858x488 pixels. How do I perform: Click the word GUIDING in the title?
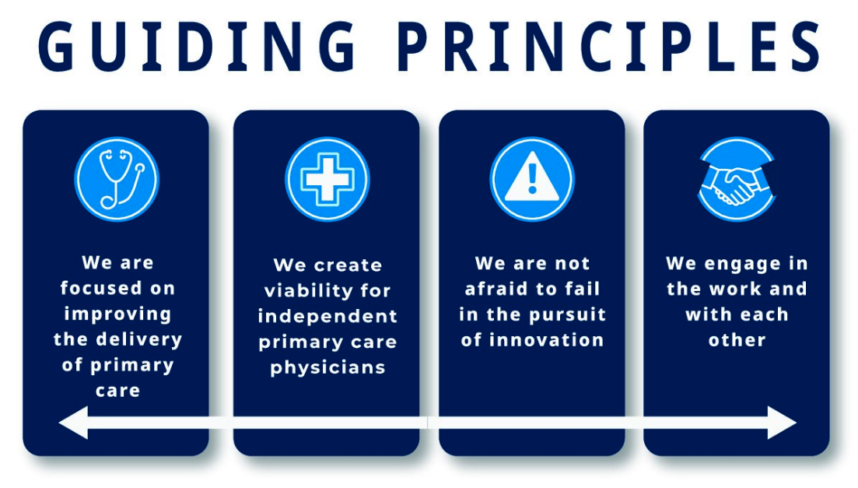pyautogui.click(x=198, y=47)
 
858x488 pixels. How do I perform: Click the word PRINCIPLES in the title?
pyautogui.click(x=611, y=47)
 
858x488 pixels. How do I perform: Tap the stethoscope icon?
pyautogui.click(x=117, y=179)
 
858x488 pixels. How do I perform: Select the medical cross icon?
pyautogui.click(x=327, y=179)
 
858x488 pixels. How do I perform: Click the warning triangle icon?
pyautogui.click(x=532, y=179)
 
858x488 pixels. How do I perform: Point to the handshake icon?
pyautogui.click(x=737, y=179)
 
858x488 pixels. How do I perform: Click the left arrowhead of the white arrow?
pyautogui.click(x=73, y=423)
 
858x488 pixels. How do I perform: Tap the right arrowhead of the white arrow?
pyautogui.click(x=782, y=423)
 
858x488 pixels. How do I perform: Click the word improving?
pyautogui.click(x=117, y=314)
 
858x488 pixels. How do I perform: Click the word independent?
pyautogui.click(x=327, y=316)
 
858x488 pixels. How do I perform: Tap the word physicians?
pyautogui.click(x=327, y=367)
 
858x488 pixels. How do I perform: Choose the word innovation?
pyautogui.click(x=546, y=340)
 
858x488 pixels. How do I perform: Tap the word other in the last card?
pyautogui.click(x=737, y=340)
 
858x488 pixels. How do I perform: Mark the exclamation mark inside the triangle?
pyautogui.click(x=532, y=178)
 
